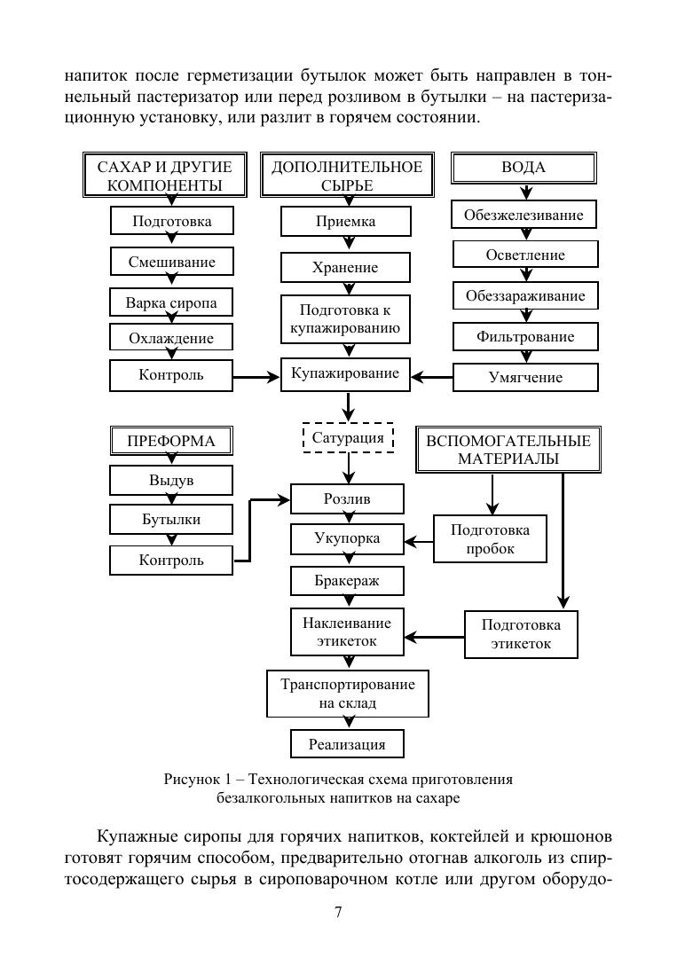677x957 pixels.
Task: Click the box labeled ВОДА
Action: [523, 168]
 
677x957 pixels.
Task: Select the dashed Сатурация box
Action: [348, 437]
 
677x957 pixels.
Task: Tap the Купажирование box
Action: [345, 373]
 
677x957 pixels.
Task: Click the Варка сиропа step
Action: [171, 302]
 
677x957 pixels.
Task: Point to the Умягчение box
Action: [525, 377]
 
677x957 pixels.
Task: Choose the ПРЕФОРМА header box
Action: [171, 441]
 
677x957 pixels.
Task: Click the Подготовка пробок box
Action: [490, 539]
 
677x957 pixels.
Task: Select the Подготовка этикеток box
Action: [521, 635]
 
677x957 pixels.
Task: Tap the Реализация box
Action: [347, 744]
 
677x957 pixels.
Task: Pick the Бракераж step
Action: [347, 580]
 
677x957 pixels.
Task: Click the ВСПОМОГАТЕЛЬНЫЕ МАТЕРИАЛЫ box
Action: [508, 450]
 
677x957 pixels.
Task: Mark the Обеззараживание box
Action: [525, 296]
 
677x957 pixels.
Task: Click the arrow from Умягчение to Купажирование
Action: [431, 378]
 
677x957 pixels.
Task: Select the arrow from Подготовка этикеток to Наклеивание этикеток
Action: [434, 637]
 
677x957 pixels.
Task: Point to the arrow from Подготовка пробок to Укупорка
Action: [419, 541]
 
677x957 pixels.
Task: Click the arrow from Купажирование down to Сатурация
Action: [347, 406]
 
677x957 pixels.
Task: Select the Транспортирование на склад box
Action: [347, 694]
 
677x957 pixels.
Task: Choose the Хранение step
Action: [345, 267]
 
